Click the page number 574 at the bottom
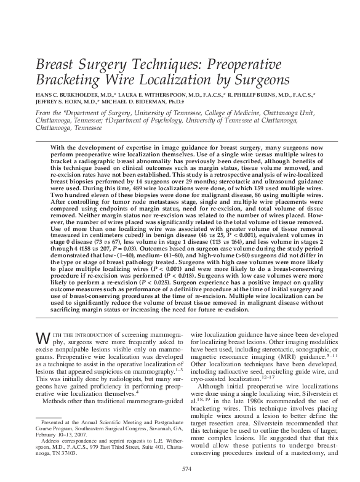180,470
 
